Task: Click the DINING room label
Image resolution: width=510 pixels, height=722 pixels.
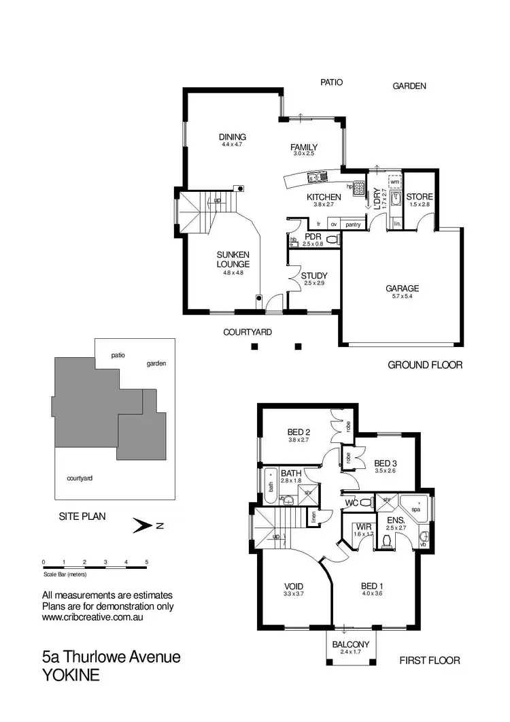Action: pos(232,137)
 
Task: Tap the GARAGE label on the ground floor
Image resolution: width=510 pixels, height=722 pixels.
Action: pos(402,288)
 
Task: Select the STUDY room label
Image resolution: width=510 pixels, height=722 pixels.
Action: pos(314,276)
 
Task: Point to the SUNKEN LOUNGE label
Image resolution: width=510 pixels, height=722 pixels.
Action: pos(233,259)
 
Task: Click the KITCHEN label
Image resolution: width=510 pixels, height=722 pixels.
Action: pos(324,197)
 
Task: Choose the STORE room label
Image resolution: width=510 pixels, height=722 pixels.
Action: pos(420,197)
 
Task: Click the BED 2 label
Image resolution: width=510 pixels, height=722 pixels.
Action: pos(299,432)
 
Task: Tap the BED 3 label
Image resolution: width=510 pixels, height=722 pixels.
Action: pos(386,461)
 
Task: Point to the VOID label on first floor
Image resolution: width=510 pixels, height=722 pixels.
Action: pos(294,587)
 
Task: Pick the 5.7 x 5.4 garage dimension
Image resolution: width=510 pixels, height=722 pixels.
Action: pos(402,296)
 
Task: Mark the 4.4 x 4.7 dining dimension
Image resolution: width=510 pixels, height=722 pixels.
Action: pos(232,144)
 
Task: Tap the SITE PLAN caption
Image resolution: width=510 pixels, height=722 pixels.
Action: pos(83,516)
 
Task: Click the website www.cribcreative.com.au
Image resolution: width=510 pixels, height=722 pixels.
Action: pos(92,618)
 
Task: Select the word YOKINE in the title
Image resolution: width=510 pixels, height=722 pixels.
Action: pos(73,676)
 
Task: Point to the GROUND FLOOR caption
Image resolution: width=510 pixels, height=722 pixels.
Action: pos(425,365)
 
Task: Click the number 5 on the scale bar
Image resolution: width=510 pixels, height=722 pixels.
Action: pos(146,561)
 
